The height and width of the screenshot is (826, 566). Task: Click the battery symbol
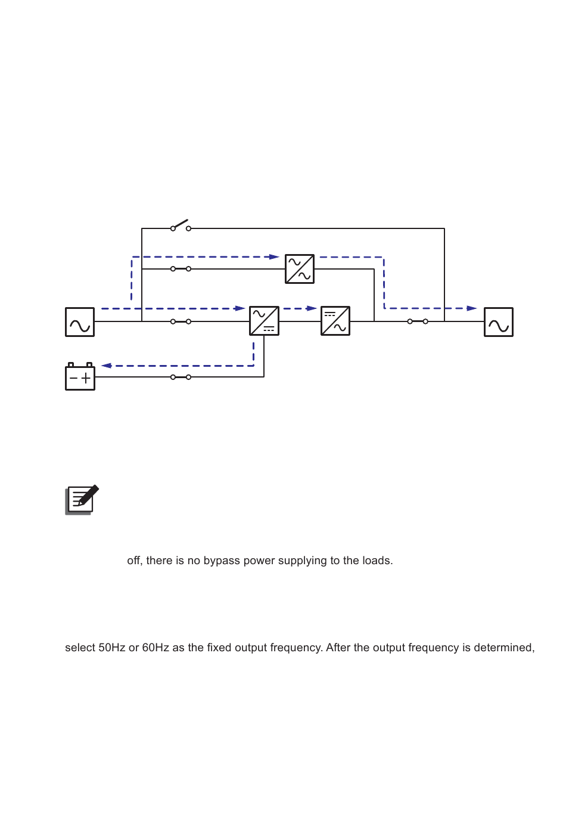tap(80, 378)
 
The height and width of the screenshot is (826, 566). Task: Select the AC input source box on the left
tap(80, 322)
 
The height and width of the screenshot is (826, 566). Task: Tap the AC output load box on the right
tap(499, 322)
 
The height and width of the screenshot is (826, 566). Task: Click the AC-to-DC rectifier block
tap(264, 321)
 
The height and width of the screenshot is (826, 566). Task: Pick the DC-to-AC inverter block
tap(335, 321)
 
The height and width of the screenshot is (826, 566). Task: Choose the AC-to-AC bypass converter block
tap(300, 269)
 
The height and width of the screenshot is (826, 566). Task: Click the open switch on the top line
tap(181, 226)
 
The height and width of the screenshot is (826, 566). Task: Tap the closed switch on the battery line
tap(181, 377)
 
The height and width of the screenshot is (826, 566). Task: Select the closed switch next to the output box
tap(418, 321)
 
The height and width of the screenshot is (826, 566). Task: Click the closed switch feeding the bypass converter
tap(181, 269)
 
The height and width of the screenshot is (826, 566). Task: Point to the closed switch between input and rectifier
tap(181, 321)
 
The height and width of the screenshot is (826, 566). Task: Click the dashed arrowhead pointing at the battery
tap(107, 366)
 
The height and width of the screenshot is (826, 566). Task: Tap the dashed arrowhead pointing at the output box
tap(471, 308)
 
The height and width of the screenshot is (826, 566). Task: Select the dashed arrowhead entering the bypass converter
tap(274, 257)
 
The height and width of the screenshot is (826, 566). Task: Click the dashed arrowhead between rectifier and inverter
tap(311, 308)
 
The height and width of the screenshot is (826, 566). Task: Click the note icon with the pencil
tap(82, 500)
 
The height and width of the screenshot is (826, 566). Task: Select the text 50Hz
tap(112, 648)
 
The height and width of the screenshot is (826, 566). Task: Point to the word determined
tap(503, 648)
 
